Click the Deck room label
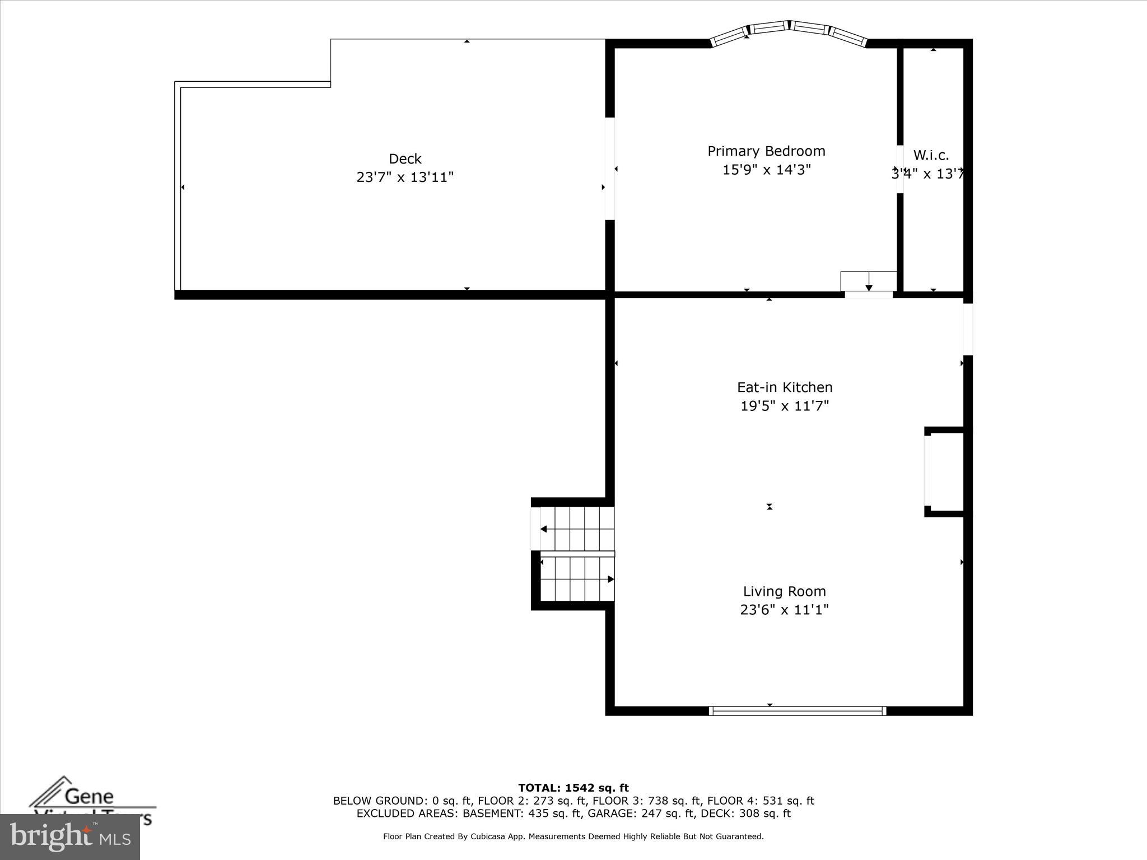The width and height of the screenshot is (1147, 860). (x=405, y=159)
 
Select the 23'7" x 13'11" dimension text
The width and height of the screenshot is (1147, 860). (x=405, y=177)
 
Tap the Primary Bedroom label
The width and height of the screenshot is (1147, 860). (x=766, y=151)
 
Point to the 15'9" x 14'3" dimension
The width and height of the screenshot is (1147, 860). (x=766, y=170)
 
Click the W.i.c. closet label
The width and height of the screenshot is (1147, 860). (x=931, y=156)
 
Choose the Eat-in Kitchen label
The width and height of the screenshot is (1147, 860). (x=784, y=387)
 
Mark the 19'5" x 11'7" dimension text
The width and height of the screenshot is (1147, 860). (x=784, y=406)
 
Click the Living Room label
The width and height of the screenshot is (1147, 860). (x=784, y=591)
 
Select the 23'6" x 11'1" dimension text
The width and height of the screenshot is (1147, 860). (x=784, y=610)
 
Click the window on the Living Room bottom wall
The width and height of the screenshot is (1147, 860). (x=797, y=711)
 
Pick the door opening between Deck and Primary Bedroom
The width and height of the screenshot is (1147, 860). (x=610, y=169)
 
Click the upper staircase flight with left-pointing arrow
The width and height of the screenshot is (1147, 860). (x=577, y=529)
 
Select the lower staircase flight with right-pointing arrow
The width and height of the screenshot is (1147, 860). (x=577, y=579)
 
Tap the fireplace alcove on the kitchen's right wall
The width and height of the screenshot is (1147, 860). (x=946, y=472)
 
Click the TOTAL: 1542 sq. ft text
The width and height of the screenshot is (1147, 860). (x=573, y=788)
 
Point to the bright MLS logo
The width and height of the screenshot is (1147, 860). (x=70, y=836)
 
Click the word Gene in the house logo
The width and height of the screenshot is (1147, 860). (x=90, y=796)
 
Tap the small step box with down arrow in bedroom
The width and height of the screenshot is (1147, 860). (x=869, y=281)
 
